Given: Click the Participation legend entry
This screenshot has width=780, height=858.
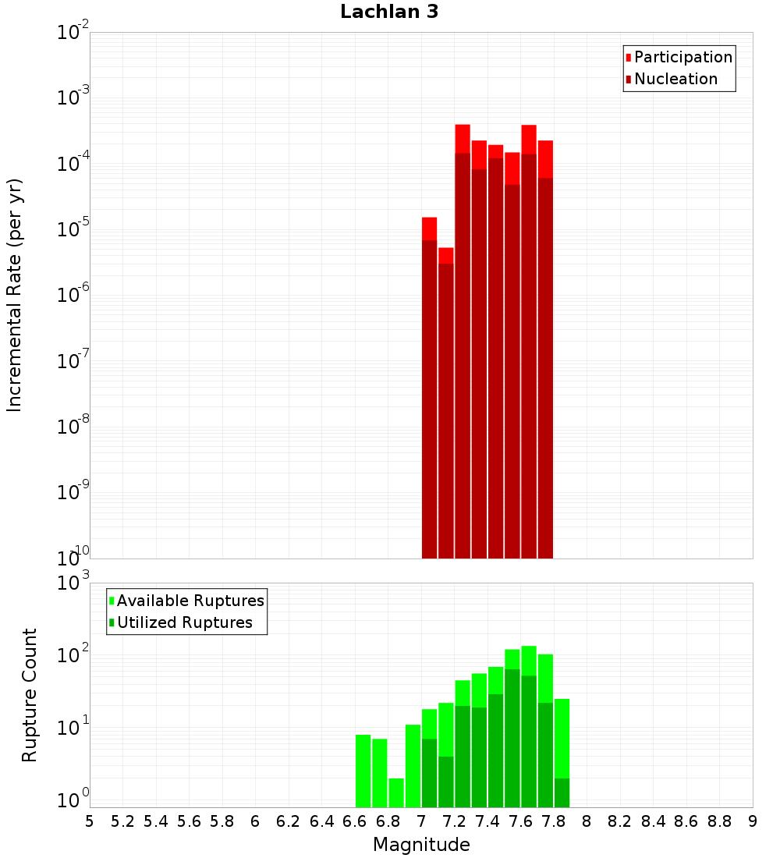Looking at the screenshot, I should coord(683,57).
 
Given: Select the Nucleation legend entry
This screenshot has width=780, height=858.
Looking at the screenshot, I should coord(675,79).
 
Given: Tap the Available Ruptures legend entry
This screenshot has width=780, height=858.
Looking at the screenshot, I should coord(190,601).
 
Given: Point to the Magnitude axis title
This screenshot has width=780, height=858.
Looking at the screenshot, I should coord(421,845).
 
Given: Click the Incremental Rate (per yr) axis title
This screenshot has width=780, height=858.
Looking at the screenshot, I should coord(15,296).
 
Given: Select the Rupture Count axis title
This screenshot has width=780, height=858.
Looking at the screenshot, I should coord(30,695).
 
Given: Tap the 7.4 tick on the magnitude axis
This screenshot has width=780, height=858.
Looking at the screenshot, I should coord(487,821).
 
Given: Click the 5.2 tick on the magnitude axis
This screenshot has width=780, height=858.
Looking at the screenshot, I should coord(122,821).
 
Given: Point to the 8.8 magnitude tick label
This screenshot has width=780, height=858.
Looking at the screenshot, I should coord(719,821).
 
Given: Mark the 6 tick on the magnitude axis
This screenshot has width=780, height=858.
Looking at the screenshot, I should coord(255,821).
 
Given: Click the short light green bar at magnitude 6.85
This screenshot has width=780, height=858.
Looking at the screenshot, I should coord(396,792).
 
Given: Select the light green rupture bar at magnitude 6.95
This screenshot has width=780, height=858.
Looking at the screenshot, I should coord(413,766).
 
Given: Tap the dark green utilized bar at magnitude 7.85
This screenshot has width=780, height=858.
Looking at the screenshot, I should coord(562,792).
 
